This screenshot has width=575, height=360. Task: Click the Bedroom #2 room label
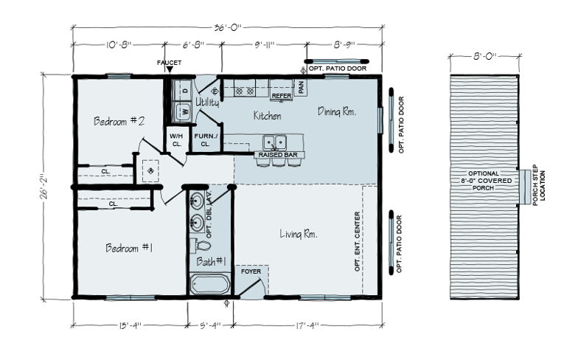119,121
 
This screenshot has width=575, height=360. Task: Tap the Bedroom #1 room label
129,248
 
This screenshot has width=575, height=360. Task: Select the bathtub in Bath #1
210,285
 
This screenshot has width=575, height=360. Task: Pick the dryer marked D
183,90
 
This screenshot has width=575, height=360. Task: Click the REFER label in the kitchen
282,96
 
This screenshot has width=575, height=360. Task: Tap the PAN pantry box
301,87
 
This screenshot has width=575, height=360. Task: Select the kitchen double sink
275,142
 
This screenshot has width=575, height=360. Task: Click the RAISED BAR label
278,155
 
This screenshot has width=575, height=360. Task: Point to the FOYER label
251,271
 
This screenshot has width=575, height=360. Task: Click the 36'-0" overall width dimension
228,27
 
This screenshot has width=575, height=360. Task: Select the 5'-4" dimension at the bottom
211,325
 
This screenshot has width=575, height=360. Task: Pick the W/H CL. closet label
176,140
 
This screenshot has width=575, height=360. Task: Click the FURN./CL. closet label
206,140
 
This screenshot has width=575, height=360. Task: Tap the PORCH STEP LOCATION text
539,185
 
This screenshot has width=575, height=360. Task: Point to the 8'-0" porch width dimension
485,56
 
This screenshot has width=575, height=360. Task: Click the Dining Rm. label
337,111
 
